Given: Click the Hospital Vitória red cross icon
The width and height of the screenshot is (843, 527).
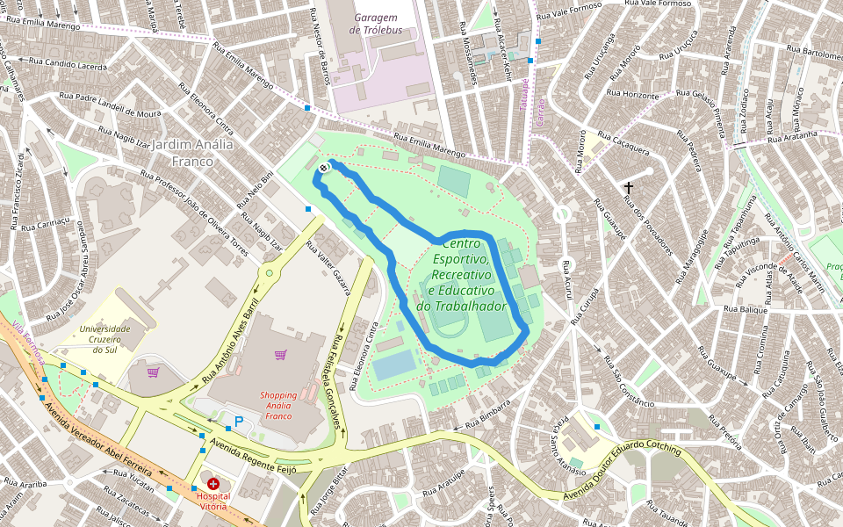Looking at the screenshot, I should coord(213,483).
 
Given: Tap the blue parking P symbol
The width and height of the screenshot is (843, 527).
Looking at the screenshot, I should coord(239,422).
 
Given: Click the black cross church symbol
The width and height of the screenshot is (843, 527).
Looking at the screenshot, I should coord(629,187).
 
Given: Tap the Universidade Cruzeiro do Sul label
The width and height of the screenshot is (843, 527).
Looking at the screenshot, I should coord(104,339).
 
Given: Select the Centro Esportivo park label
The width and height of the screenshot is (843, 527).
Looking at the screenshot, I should coord(464,274).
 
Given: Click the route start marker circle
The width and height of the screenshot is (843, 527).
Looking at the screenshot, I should coord(324,168).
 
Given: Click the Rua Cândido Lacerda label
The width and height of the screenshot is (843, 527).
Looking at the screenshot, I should coord(68,64).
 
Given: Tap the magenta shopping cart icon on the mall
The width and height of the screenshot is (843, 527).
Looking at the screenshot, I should coord(280,355).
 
